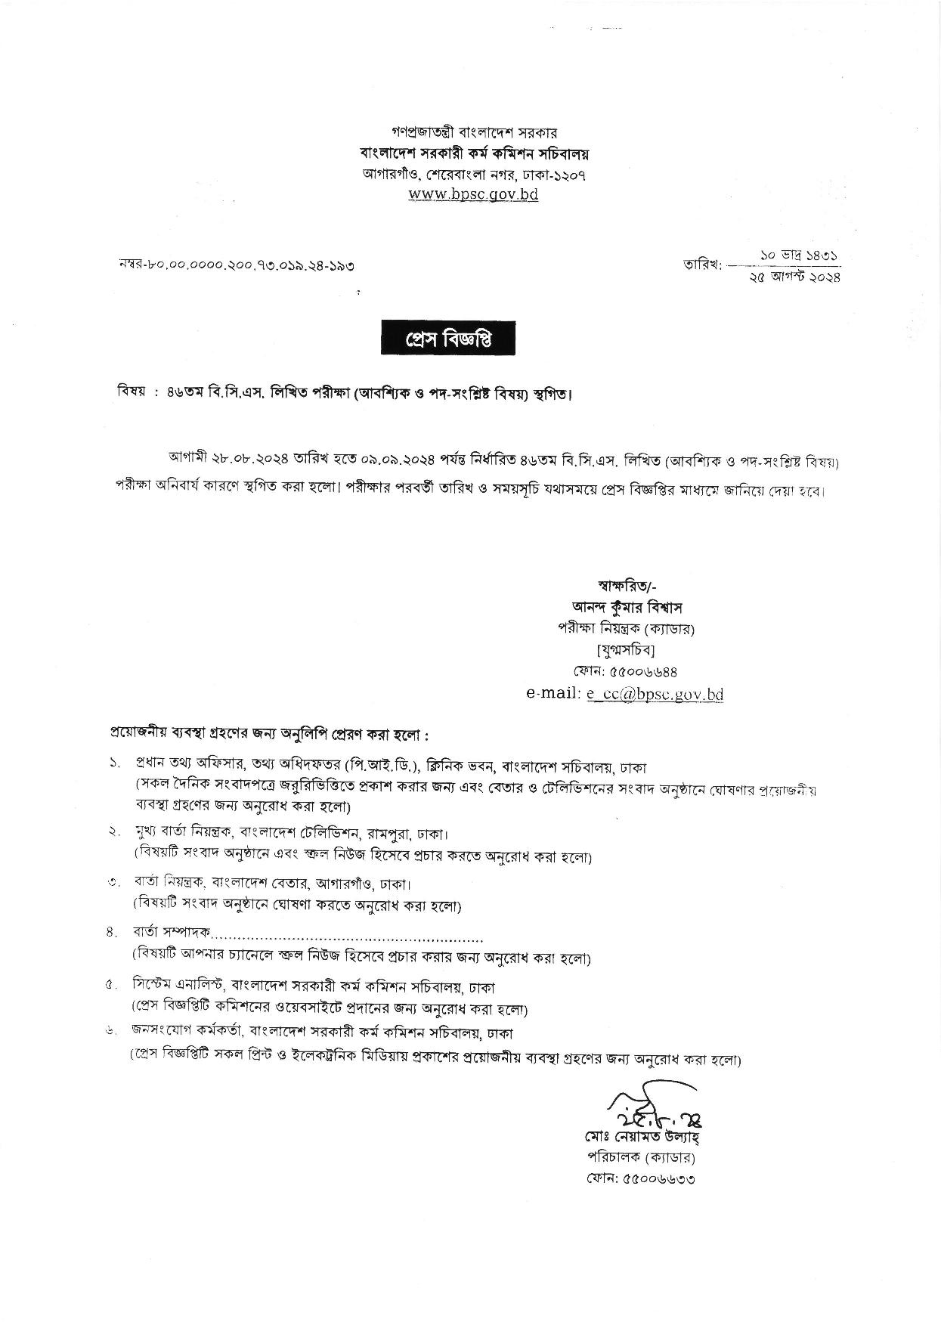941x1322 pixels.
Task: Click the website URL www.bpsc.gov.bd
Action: (x=473, y=194)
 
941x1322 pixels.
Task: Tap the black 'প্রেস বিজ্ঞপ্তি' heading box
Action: (x=448, y=339)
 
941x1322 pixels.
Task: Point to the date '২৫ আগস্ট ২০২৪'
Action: (x=793, y=277)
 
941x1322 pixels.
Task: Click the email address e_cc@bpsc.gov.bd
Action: (x=655, y=694)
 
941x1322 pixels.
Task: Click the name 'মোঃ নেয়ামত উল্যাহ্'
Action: (x=641, y=1137)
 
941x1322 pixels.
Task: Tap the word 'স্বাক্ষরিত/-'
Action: (x=627, y=584)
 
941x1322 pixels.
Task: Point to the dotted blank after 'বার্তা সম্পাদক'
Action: (x=348, y=939)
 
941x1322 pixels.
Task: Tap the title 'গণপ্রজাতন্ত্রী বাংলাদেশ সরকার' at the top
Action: (x=474, y=134)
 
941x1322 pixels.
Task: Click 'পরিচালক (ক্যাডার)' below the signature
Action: (x=641, y=1157)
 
